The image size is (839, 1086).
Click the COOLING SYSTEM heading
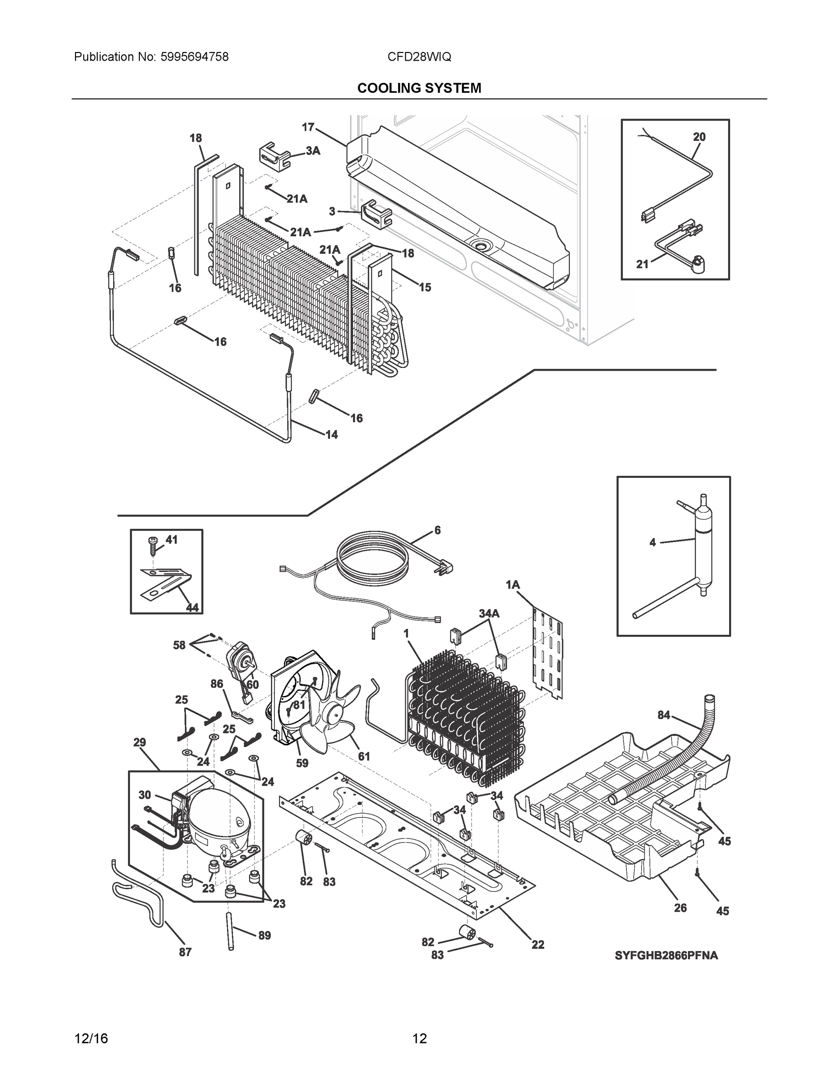click(x=419, y=88)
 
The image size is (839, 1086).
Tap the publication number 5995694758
click(x=194, y=57)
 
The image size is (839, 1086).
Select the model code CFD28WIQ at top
click(x=419, y=57)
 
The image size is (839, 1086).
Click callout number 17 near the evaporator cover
click(x=308, y=127)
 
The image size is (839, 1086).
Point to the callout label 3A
click(x=313, y=151)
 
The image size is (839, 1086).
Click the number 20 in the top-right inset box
click(x=699, y=137)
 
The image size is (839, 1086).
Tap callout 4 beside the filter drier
click(x=653, y=543)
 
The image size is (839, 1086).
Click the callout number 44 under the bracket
click(x=192, y=607)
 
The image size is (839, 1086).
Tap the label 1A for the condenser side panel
click(x=512, y=585)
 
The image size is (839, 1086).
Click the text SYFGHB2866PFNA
click(x=666, y=955)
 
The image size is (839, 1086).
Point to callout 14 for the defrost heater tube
click(x=332, y=434)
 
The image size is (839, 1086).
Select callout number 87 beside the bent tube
click(x=185, y=952)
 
